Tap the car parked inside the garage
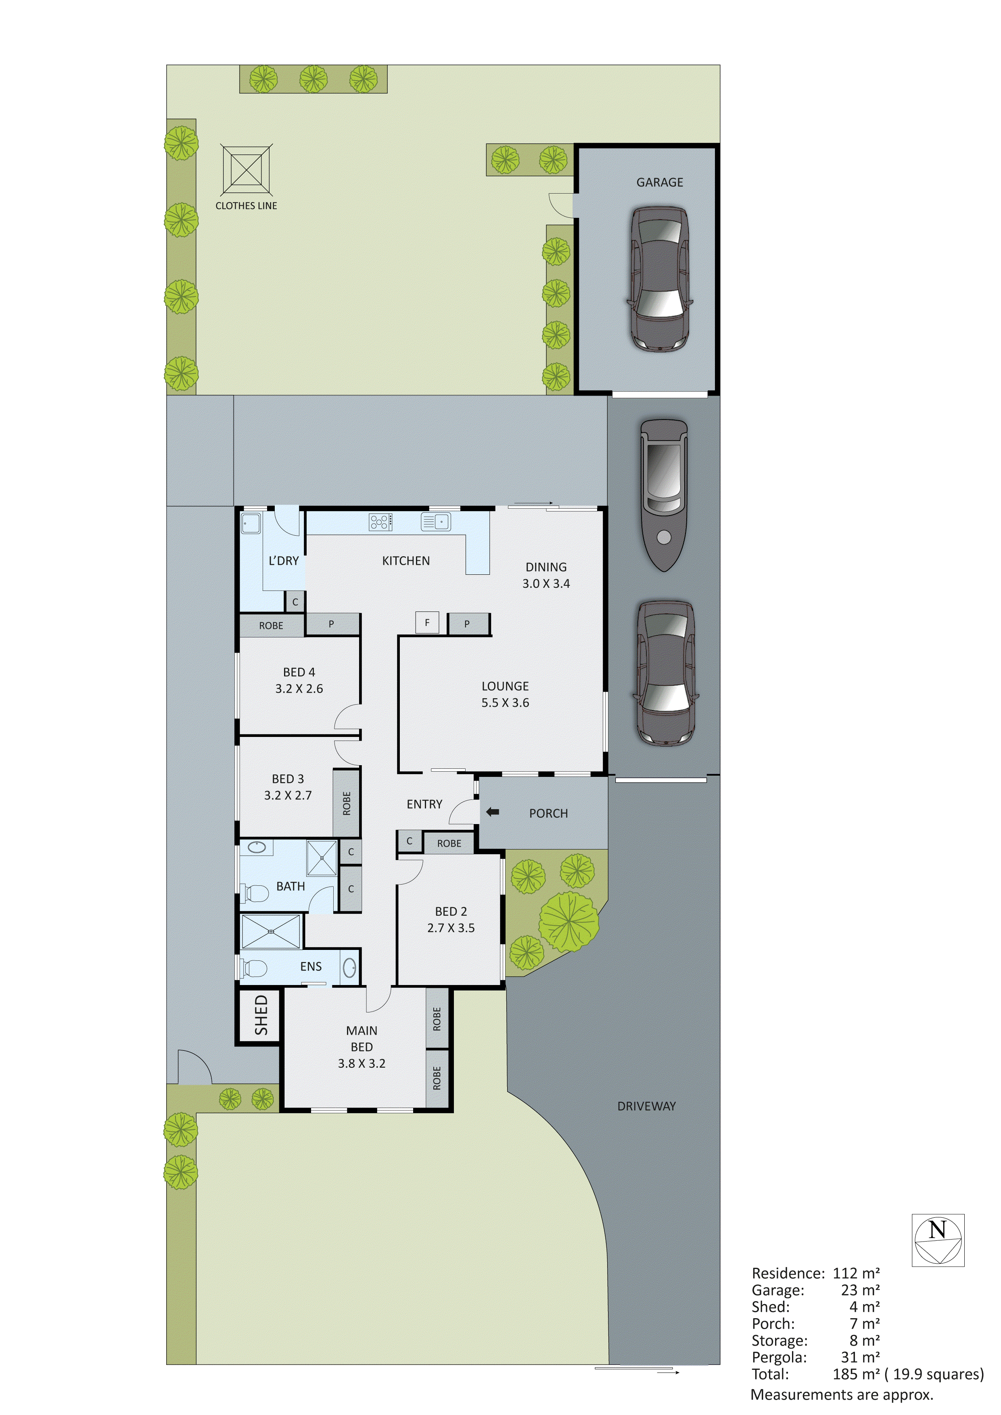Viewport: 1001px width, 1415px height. pos(658,279)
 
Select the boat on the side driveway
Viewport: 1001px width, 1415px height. pos(664,495)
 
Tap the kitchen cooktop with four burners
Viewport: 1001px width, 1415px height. pos(381,522)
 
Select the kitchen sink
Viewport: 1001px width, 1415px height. pos(436,522)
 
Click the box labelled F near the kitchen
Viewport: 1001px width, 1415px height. pos(427,622)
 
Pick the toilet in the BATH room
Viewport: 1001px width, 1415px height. pos(255,892)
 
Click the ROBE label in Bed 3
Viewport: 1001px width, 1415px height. pos(347,803)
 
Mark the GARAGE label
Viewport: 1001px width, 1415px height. pos(660,182)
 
